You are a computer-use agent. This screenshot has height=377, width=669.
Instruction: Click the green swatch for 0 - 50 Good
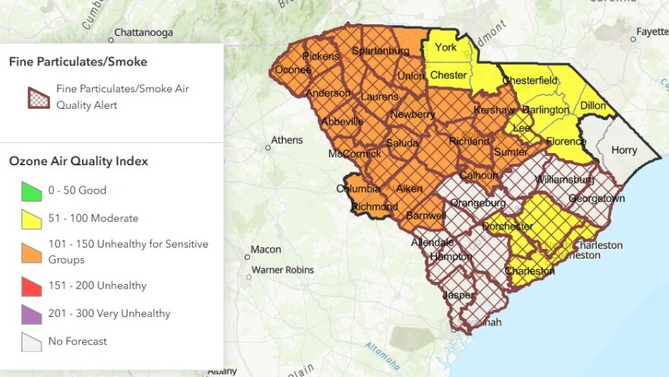click(30, 190)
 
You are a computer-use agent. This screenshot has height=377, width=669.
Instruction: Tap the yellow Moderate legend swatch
click(30, 219)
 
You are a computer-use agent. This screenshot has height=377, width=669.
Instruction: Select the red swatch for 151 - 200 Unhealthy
click(30, 286)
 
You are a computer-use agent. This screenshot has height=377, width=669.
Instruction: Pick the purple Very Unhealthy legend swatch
click(30, 314)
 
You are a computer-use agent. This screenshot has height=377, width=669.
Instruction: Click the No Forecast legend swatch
click(30, 341)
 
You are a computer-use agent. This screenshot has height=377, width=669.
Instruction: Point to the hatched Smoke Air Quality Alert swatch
click(38, 97)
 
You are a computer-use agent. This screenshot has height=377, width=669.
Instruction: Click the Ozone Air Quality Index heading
click(78, 161)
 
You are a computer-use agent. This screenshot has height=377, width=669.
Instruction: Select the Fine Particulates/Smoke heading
click(78, 62)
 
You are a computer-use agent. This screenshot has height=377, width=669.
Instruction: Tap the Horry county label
click(624, 150)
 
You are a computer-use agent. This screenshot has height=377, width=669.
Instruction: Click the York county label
click(445, 48)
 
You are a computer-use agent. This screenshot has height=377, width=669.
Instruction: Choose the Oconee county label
click(293, 70)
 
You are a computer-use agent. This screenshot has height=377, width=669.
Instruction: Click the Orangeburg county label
click(477, 203)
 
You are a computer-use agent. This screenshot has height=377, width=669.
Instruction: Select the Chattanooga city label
click(143, 34)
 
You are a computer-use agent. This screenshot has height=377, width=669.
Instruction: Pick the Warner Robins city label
click(284, 270)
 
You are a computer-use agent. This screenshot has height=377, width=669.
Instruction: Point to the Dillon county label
click(593, 106)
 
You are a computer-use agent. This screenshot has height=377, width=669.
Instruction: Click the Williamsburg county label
click(565, 180)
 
